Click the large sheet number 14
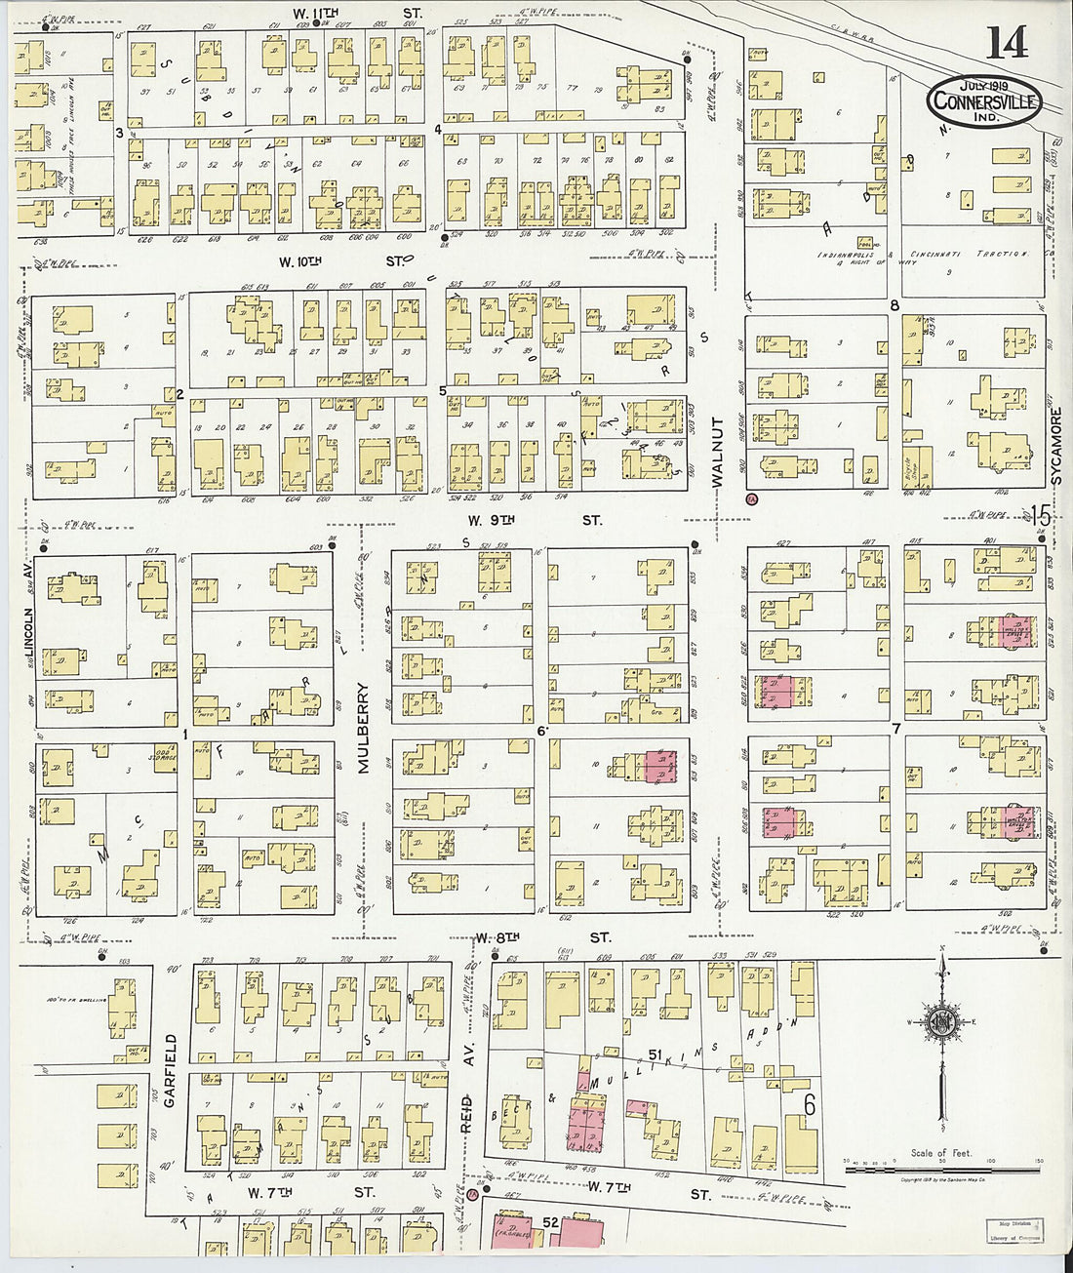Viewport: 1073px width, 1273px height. tap(1006, 42)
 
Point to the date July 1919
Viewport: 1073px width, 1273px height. tap(984, 84)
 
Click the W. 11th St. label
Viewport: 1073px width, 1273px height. tap(357, 13)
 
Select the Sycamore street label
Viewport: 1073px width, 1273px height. tap(1055, 446)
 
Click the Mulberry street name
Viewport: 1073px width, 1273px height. tap(363, 727)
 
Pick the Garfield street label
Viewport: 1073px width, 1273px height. tap(170, 1071)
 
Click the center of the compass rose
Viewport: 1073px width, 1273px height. tap(941, 1023)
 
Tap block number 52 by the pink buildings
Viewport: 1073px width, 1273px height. tap(550, 1221)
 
